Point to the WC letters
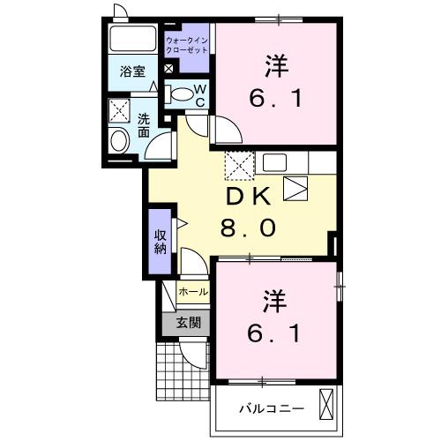[x=199, y=94]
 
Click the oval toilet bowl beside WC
[x=181, y=93]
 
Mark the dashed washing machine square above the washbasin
[x=118, y=111]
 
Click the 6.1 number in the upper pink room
[x=276, y=99]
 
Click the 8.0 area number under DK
[x=250, y=228]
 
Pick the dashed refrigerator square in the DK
[x=238, y=164]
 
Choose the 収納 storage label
[x=160, y=241]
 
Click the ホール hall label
[x=192, y=292]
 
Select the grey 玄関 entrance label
[x=186, y=323]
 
